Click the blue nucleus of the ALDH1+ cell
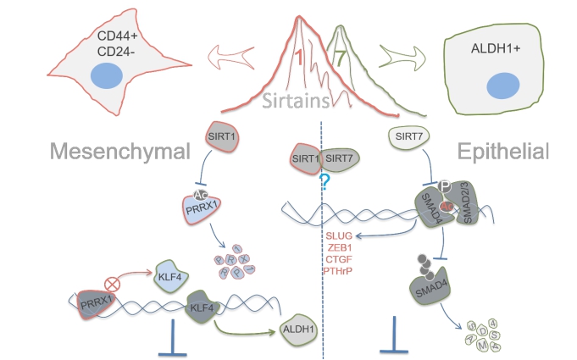pyautogui.click(x=502, y=86)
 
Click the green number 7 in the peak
pyautogui.click(x=340, y=59)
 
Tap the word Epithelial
pyautogui.click(x=502, y=152)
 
